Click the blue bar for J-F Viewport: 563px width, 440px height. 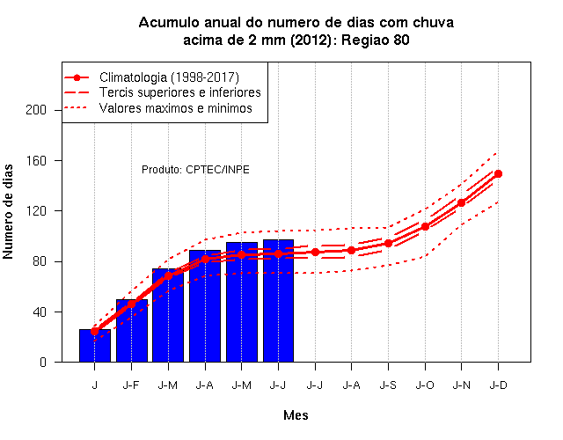(x=132, y=331)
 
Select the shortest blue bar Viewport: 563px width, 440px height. (x=95, y=346)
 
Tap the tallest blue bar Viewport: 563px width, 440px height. (x=278, y=301)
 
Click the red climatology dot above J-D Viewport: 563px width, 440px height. (x=498, y=174)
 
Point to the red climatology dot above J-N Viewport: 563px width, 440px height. (x=461, y=202)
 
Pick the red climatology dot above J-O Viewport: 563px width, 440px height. (x=425, y=227)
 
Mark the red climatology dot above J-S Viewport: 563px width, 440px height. (x=388, y=244)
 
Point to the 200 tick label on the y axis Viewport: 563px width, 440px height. (x=36, y=110)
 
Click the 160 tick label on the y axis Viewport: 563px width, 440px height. (x=36, y=160)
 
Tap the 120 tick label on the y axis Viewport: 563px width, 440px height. (x=36, y=211)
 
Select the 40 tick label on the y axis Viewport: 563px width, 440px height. (x=40, y=312)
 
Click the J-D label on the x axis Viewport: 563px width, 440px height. (x=499, y=385)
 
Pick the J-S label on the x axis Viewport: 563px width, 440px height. (x=388, y=385)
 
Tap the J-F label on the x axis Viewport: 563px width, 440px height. (x=131, y=385)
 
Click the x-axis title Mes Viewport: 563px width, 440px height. (x=296, y=415)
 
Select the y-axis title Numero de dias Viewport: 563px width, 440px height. (x=8, y=212)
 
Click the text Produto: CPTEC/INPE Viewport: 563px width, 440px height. (x=195, y=170)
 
